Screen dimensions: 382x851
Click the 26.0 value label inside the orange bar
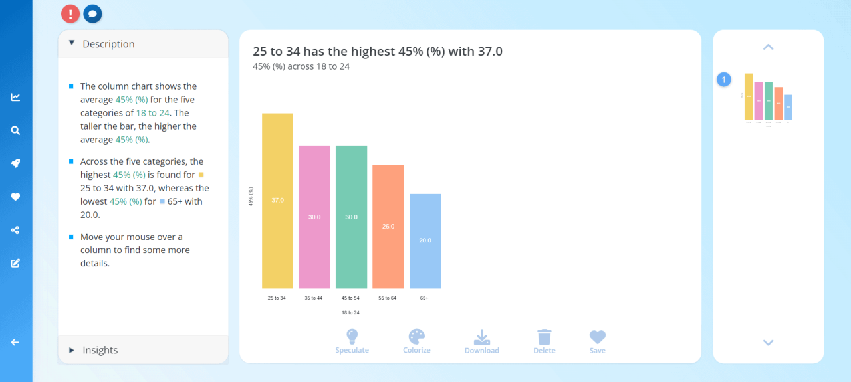tap(388, 227)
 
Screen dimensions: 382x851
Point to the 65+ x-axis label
tap(424, 298)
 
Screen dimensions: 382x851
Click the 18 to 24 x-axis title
tap(350, 312)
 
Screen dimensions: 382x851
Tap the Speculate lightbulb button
tap(352, 341)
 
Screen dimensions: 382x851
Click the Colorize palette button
tap(416, 341)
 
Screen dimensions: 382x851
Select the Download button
tap(481, 341)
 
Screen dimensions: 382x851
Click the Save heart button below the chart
tap(597, 341)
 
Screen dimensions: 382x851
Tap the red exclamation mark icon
tap(70, 13)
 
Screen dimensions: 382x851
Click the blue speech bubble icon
tap(92, 13)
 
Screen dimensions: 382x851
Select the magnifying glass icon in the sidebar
tap(15, 130)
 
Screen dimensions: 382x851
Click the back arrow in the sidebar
tap(15, 342)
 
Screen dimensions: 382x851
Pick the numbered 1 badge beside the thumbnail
tap(724, 80)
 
